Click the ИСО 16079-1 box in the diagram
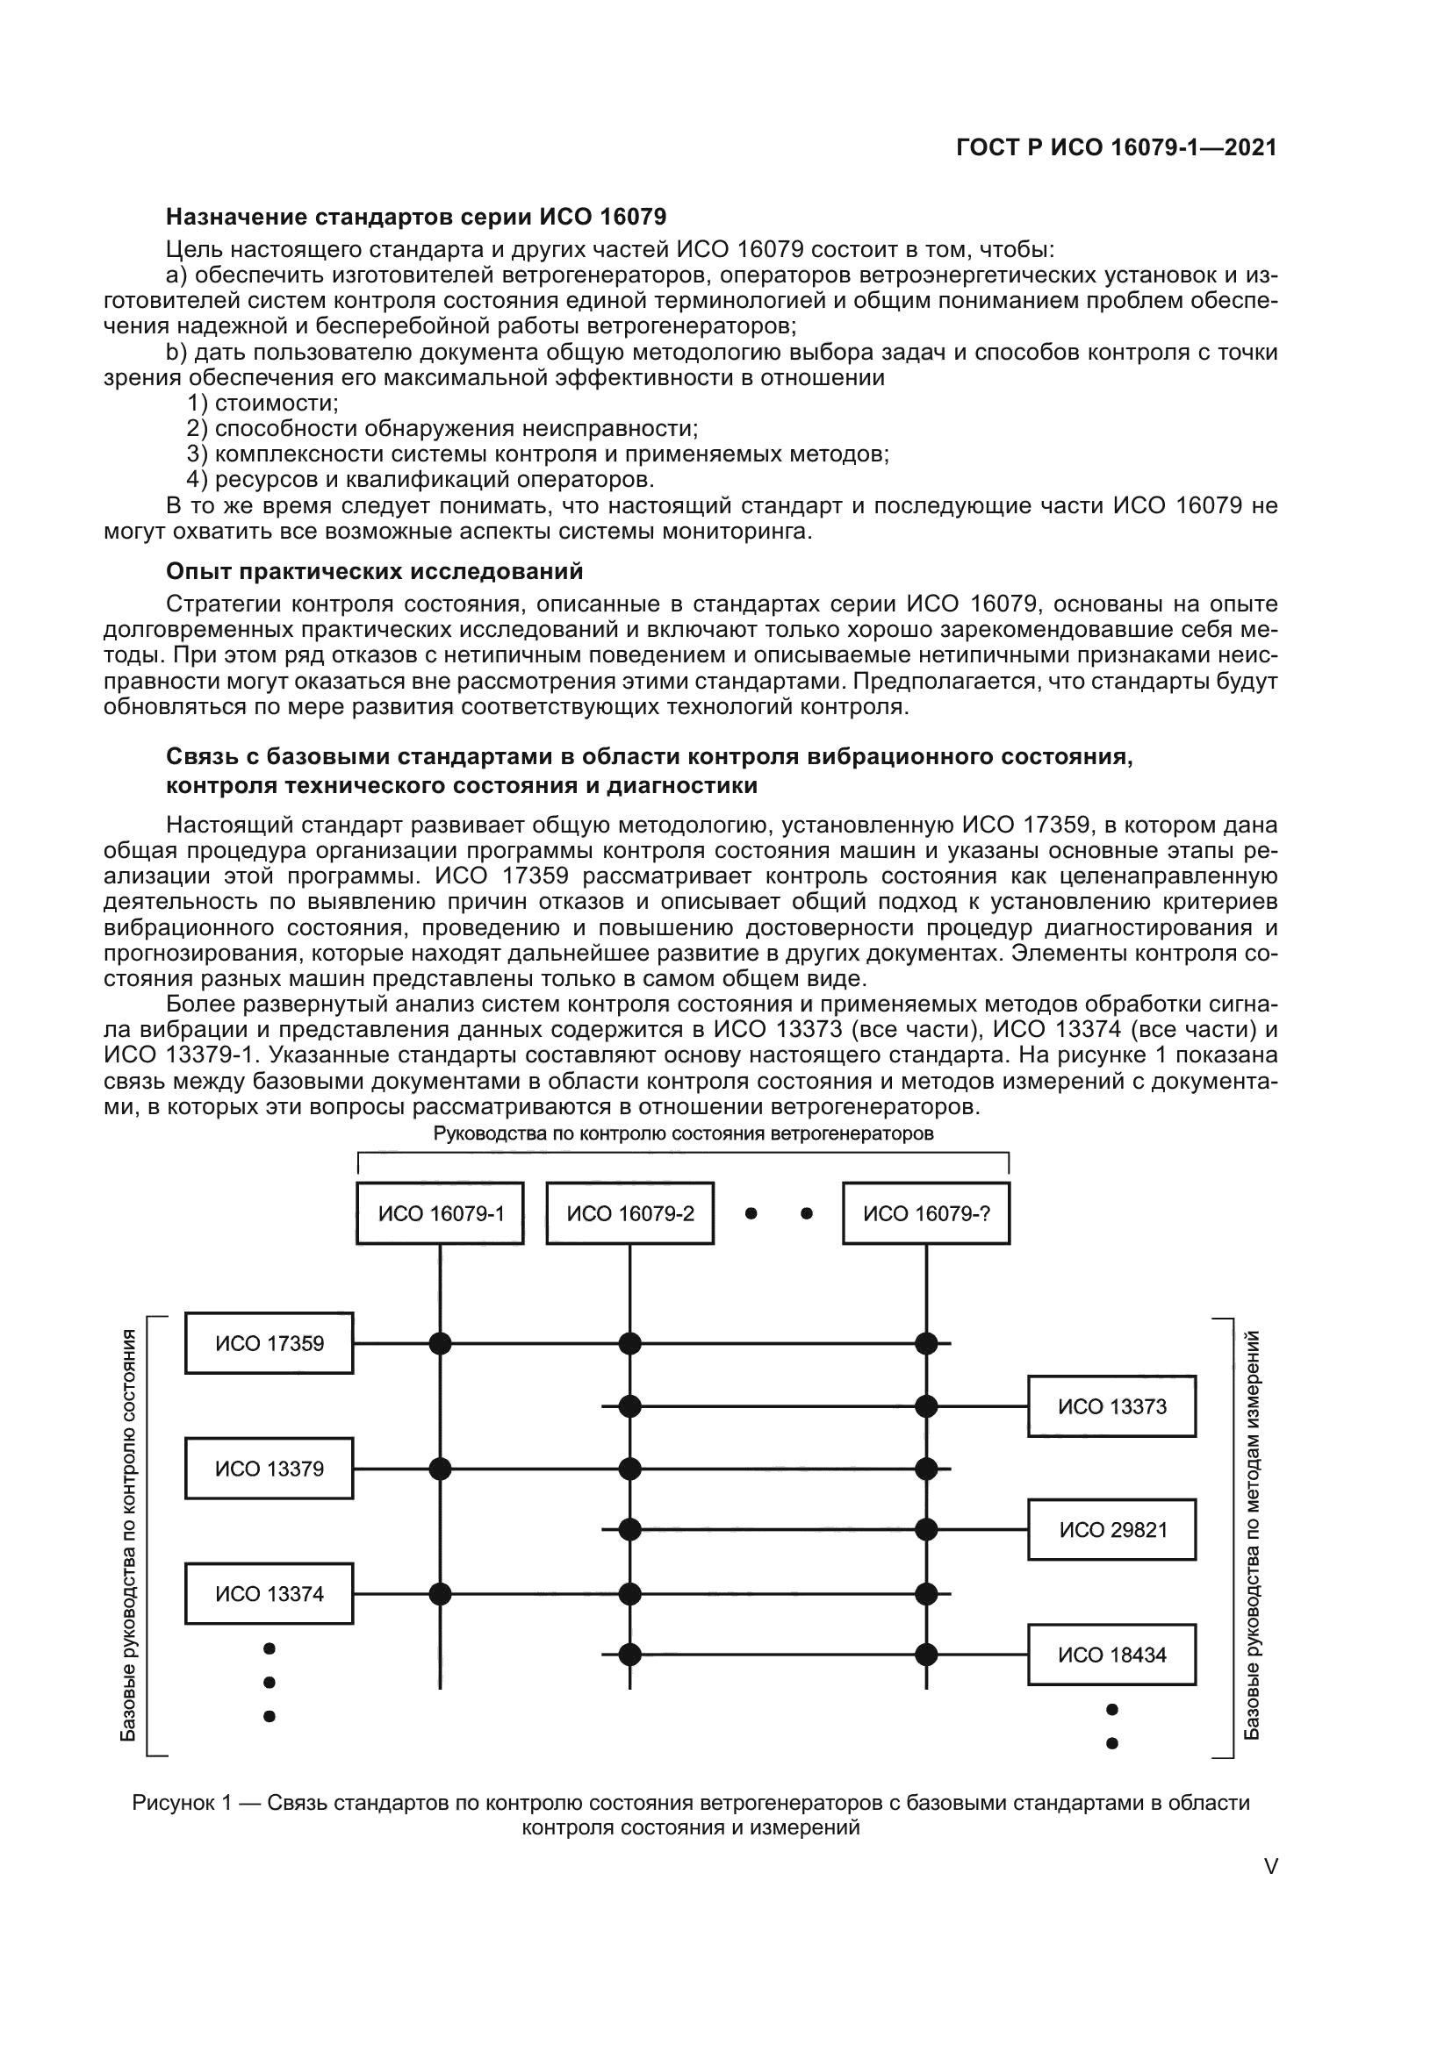pos(440,1212)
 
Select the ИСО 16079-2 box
pos(629,1212)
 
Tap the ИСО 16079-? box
pos(926,1212)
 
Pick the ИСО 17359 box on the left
pos(270,1343)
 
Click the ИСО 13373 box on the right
pos(1111,1406)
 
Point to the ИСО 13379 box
pos(270,1469)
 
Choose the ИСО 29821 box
pos(1111,1530)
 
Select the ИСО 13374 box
pos(270,1593)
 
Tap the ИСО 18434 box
pos(1111,1655)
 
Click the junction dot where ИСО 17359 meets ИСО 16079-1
pos(440,1343)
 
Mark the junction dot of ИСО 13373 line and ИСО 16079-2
pos(630,1406)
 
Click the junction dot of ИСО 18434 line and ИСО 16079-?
pos(926,1655)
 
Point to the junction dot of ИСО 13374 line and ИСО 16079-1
pos(440,1593)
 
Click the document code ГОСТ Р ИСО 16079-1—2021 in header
pos(1116,148)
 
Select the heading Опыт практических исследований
pos(375,571)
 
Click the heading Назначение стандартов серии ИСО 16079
pos(416,218)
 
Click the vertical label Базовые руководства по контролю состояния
pos(129,1535)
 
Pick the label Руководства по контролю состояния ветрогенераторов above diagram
pos(683,1134)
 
